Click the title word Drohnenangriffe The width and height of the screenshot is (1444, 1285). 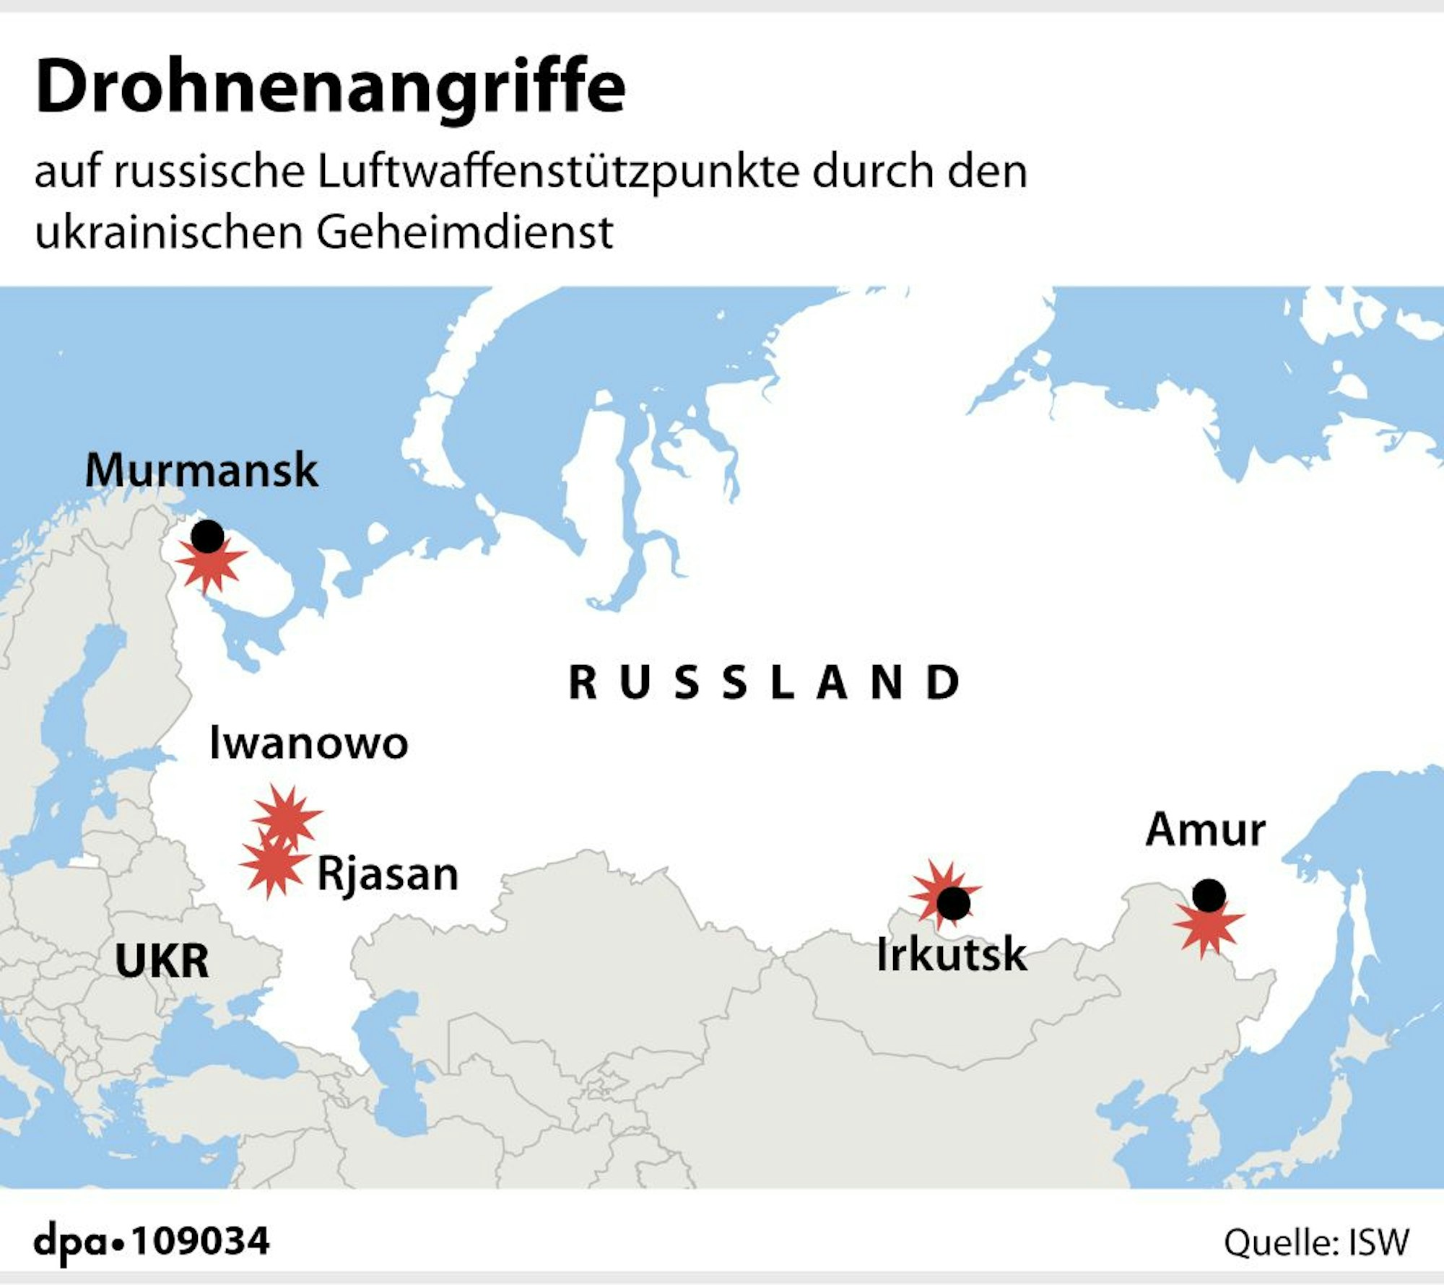coord(330,88)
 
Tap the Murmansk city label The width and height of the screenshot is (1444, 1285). coord(201,471)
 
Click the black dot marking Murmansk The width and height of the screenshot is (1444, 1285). coord(207,536)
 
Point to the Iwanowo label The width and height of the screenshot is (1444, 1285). coord(308,743)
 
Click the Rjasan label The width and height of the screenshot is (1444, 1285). coord(388,874)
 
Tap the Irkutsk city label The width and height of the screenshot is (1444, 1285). coord(951,954)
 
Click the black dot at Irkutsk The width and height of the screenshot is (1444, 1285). coord(952,903)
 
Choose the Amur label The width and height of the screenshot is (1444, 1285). coord(1205,829)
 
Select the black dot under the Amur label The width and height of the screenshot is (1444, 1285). coord(1209,896)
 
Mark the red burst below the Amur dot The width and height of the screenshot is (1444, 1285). coord(1207,927)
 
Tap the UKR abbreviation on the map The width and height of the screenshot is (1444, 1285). coord(162,960)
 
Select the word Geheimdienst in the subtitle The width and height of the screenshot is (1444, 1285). coord(464,232)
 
